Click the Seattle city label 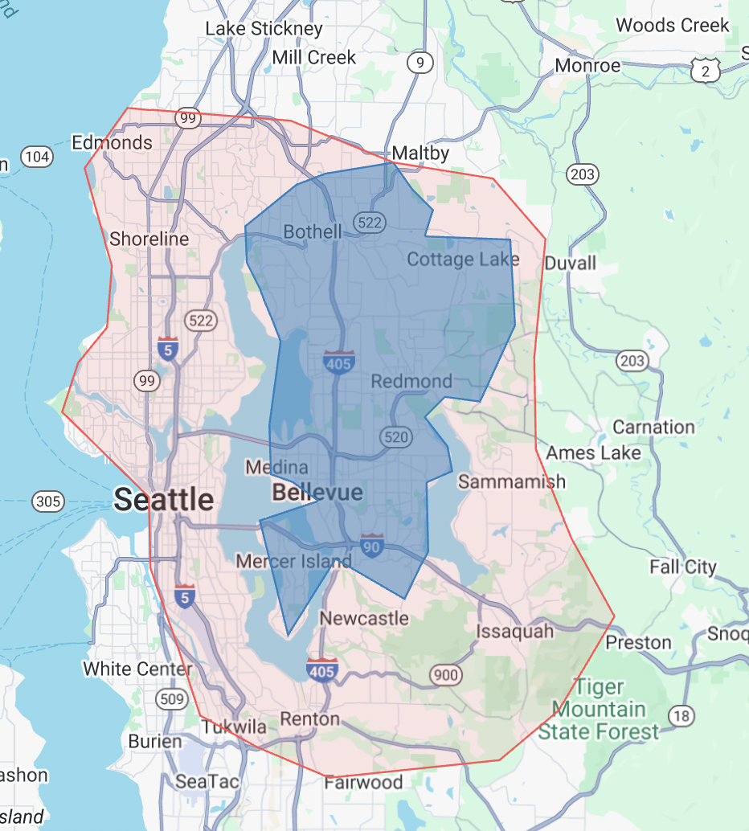[164, 500]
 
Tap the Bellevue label [317, 492]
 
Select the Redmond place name [411, 381]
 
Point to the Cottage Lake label [463, 260]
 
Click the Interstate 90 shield [372, 546]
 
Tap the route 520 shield [397, 437]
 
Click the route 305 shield [48, 502]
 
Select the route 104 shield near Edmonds [38, 156]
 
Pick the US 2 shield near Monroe [705, 72]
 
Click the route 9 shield [420, 63]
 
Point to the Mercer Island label [293, 561]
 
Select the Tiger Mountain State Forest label [599, 710]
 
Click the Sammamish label [512, 481]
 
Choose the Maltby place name [420, 153]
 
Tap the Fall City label [683, 567]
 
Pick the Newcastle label [364, 618]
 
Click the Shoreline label [149, 239]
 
